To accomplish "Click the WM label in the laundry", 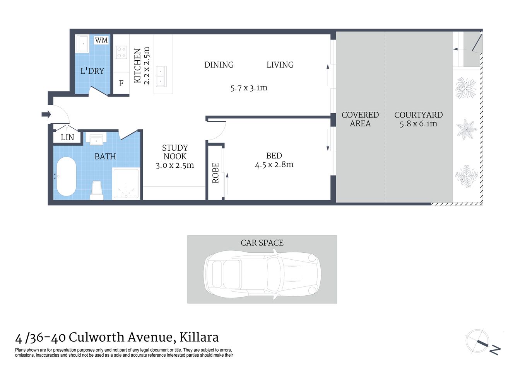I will [101, 40].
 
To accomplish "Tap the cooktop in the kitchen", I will [121, 52].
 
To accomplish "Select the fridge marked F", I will [121, 83].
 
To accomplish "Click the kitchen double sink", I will [160, 76].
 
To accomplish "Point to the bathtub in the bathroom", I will [66, 177].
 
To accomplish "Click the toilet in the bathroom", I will [97, 190].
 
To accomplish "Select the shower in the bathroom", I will [126, 184].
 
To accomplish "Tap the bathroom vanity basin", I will [96, 140].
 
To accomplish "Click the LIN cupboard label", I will [67, 137].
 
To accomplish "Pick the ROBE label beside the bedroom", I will [215, 173].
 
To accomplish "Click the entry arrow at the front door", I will [46, 114].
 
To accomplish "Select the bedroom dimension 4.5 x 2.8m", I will [274, 165].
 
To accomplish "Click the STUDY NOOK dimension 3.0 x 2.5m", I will [174, 165].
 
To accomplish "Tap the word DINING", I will [219, 65].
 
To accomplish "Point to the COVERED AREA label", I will [360, 119].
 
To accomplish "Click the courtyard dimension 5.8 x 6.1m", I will [418, 124].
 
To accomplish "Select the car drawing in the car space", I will [262, 274].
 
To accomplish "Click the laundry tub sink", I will [83, 44].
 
